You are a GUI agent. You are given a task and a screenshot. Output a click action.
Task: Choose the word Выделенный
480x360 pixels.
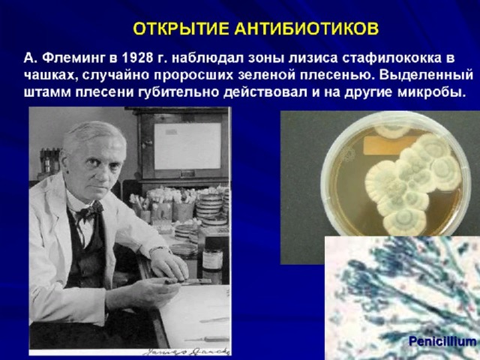426,75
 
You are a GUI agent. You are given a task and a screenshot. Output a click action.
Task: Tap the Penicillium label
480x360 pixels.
442,341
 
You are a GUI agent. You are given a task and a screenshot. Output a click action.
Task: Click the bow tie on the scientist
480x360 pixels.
88,211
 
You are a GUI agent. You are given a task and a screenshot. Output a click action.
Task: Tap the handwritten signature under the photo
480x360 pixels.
186,351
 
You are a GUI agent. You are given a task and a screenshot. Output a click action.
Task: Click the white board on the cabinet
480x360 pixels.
187,146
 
